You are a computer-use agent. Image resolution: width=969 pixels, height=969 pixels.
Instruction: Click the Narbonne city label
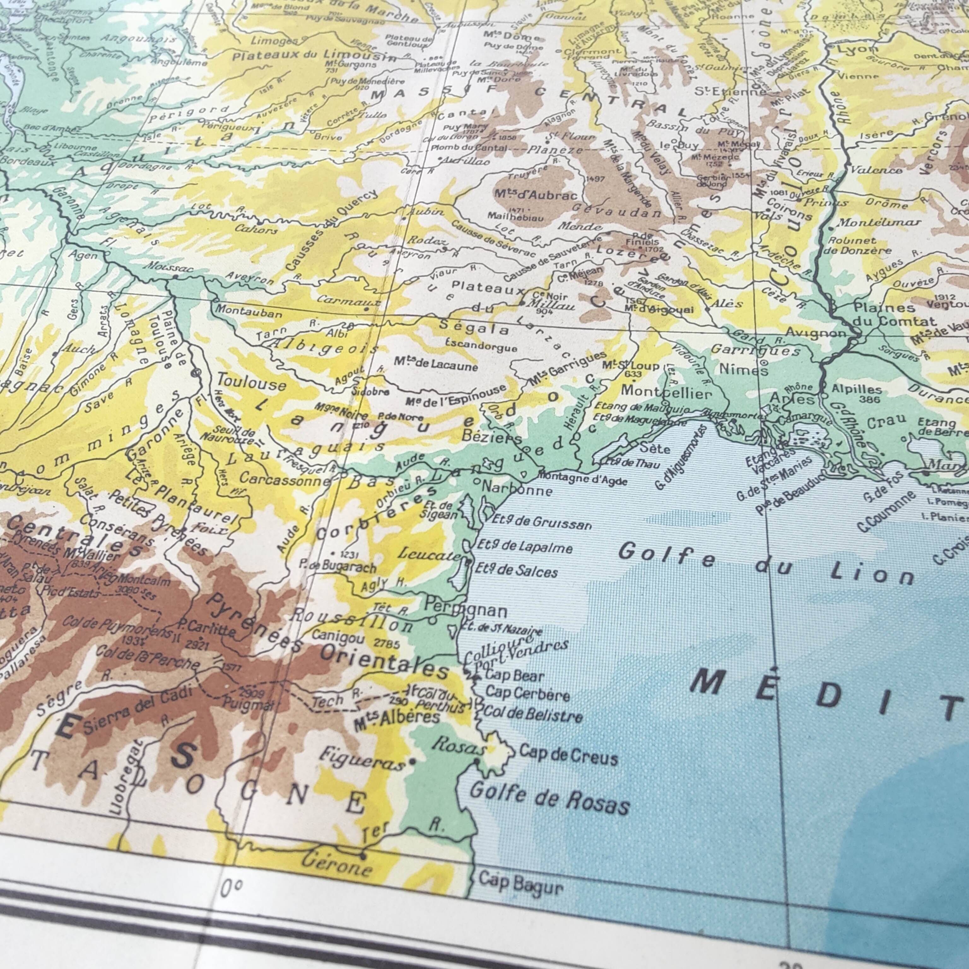(517, 488)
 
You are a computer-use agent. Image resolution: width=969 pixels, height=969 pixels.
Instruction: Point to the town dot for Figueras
(412, 761)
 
